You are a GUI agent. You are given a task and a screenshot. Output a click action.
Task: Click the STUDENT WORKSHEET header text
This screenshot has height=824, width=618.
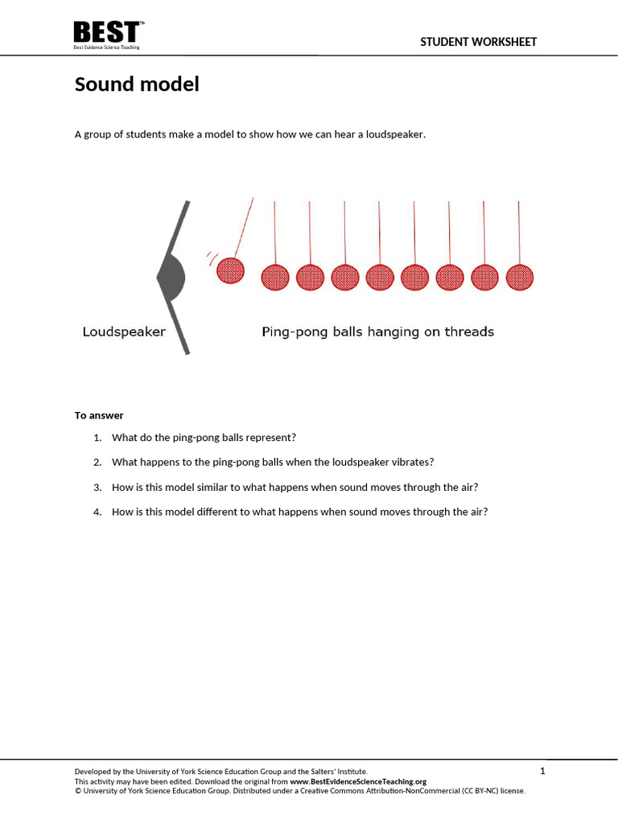(x=478, y=42)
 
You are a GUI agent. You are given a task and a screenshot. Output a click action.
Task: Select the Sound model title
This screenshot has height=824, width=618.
(x=137, y=84)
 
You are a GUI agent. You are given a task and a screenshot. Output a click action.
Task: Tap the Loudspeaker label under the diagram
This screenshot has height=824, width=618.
(x=124, y=332)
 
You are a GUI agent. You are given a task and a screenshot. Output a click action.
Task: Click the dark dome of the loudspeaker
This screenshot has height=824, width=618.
(x=171, y=278)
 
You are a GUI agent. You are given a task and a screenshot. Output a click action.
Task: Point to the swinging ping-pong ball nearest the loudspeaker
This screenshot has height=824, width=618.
(x=231, y=270)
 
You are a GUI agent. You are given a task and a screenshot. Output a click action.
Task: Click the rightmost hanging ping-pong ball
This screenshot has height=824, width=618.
(x=520, y=277)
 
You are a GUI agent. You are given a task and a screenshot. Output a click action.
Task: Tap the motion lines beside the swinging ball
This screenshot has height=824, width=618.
(x=212, y=258)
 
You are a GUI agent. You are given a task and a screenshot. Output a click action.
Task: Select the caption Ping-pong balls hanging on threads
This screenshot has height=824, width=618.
(x=377, y=332)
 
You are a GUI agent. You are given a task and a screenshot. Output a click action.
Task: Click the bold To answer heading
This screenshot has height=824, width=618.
(x=99, y=415)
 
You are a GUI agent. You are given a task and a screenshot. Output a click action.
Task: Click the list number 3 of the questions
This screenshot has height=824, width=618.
(x=97, y=487)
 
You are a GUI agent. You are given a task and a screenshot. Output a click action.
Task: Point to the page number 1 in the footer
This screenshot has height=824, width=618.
(x=542, y=771)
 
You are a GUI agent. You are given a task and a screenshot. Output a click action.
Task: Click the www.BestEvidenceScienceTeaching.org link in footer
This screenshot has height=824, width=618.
(x=357, y=781)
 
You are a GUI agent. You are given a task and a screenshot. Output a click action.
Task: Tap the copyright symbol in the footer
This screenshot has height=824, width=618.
(x=78, y=791)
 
